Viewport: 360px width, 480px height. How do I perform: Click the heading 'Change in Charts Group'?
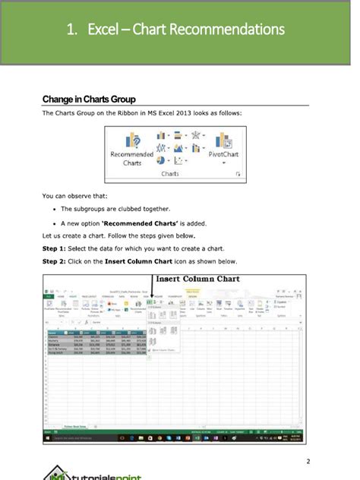[x=89, y=99]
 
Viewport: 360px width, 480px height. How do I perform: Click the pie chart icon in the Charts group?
[x=161, y=160]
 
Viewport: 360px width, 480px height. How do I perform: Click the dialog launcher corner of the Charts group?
[x=238, y=175]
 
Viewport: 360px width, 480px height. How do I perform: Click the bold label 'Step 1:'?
[x=55, y=248]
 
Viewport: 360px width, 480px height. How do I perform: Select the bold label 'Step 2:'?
[x=55, y=261]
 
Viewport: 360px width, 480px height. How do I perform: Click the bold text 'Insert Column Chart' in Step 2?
[x=124, y=261]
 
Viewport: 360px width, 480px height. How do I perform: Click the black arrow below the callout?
[x=152, y=295]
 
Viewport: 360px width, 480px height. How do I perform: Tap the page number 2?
[x=308, y=461]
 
